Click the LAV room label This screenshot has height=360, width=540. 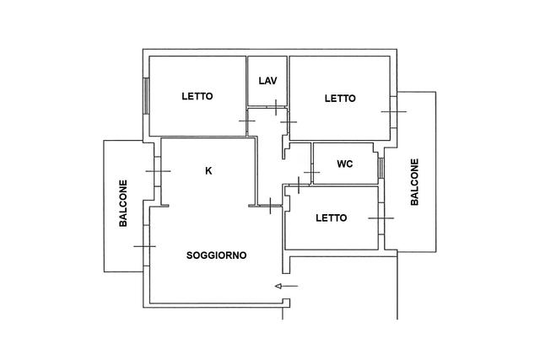click(x=268, y=81)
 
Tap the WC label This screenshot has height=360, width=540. click(x=345, y=164)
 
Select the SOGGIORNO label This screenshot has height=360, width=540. click(x=216, y=255)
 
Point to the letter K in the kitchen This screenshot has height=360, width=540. click(x=208, y=170)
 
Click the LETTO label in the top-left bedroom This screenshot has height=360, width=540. click(x=197, y=96)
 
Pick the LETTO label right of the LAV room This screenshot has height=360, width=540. click(x=340, y=99)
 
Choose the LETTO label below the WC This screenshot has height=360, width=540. click(x=332, y=218)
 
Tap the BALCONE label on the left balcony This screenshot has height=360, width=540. click(x=123, y=203)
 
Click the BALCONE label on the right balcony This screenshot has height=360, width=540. click(x=414, y=182)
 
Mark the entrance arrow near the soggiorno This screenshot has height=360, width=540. click(x=287, y=286)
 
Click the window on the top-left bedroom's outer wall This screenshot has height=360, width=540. click(x=146, y=95)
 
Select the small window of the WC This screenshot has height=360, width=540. click(x=381, y=168)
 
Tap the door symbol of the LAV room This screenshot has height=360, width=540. click(x=276, y=107)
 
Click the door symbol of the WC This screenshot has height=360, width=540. click(x=311, y=172)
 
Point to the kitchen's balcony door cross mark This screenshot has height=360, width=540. click(x=158, y=171)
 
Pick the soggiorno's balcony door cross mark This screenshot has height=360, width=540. click(x=145, y=246)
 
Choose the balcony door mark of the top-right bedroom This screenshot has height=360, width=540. click(x=394, y=111)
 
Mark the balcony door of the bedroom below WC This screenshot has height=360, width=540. click(x=381, y=218)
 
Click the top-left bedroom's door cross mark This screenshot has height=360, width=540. click(x=247, y=121)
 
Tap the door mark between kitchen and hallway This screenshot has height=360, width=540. click(x=270, y=206)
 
